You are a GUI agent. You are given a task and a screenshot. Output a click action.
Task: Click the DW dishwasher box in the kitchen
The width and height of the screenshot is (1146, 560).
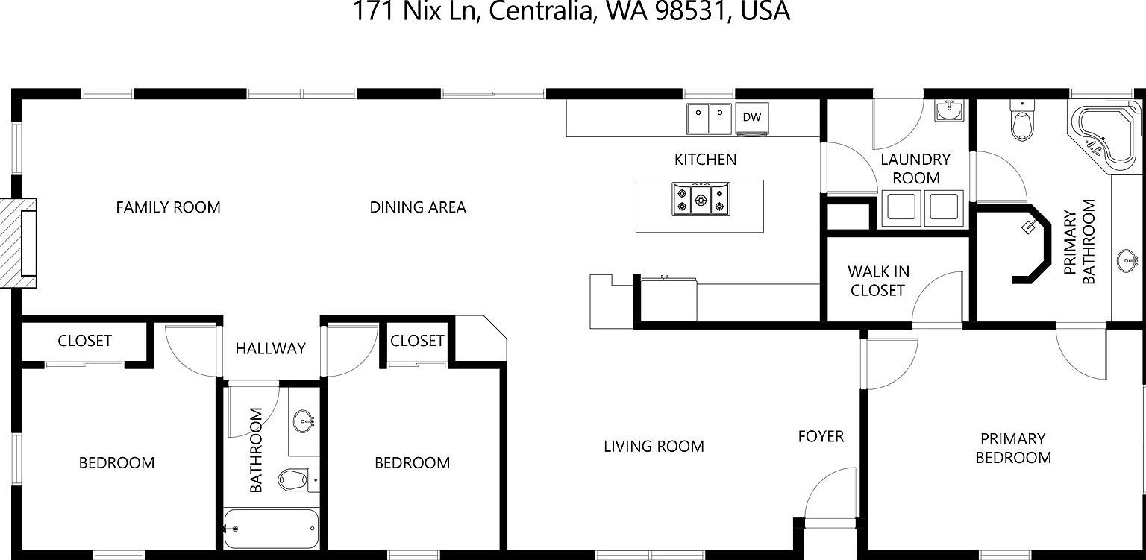point(751,117)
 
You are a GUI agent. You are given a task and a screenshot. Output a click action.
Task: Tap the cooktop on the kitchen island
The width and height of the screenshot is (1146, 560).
point(700,198)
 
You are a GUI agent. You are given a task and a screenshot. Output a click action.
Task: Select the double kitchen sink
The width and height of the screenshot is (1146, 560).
point(709,118)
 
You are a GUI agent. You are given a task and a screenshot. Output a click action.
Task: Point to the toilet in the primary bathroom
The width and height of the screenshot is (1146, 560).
point(1021,122)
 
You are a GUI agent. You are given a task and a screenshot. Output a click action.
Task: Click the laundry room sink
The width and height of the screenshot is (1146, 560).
point(950,111)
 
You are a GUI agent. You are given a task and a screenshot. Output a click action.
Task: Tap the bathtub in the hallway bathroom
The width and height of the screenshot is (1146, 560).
point(270,528)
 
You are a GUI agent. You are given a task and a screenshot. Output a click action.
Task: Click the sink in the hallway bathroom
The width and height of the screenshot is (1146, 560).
point(303,421)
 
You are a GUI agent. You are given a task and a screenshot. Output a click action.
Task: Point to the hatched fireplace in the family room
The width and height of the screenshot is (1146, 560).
point(18,243)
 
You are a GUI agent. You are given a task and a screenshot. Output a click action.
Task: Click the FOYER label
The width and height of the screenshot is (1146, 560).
point(821,436)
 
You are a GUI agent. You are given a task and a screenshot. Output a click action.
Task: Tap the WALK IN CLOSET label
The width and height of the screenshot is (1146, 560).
point(878,281)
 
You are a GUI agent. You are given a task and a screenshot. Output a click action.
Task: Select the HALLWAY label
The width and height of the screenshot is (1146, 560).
point(270,348)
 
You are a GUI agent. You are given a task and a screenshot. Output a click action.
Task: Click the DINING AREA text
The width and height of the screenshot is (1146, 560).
point(418,207)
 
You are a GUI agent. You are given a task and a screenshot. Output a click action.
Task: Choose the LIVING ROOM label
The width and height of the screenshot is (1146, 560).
point(654,447)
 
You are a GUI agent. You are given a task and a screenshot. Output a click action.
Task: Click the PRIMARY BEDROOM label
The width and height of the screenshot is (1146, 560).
point(1012,448)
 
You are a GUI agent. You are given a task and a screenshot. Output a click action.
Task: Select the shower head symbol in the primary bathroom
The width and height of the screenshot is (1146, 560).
point(1030,226)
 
